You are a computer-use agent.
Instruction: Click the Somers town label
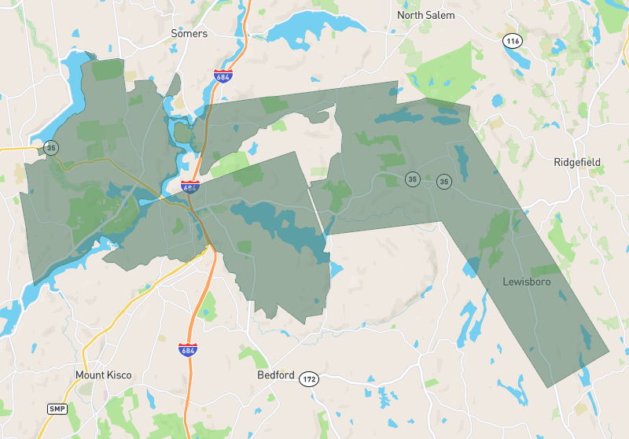[x=189, y=34]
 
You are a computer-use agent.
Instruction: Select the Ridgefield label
[x=576, y=162]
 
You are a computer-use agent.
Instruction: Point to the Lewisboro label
[x=526, y=281]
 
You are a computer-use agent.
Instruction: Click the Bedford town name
[x=275, y=375]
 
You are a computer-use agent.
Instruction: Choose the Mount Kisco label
[x=104, y=375]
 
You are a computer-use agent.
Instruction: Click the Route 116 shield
[x=513, y=40]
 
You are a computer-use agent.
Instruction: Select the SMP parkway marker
[x=57, y=409]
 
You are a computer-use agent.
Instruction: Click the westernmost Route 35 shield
[x=51, y=148]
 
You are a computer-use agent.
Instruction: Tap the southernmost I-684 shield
[x=187, y=349]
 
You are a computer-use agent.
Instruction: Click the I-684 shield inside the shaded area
[x=189, y=187]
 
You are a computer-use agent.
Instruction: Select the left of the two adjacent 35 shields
[x=412, y=179]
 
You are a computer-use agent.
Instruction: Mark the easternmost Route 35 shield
[x=444, y=181]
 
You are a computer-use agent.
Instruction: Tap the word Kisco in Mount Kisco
[x=119, y=375]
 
